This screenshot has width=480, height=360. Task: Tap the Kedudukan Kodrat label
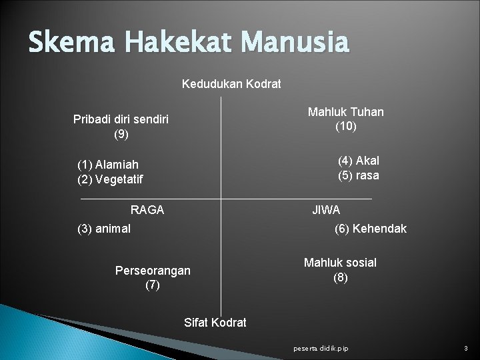[231, 84]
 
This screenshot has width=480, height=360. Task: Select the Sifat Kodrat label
[215, 323]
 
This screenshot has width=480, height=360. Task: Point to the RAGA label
[147, 210]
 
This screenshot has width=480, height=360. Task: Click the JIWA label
[326, 210]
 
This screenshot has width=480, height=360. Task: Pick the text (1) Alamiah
[108, 165]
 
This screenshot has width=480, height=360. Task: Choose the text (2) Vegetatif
[110, 179]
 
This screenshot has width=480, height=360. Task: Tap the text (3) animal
[104, 229]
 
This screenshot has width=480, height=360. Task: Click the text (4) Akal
[358, 161]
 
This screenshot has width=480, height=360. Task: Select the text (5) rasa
[358, 175]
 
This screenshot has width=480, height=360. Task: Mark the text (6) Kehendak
[371, 229]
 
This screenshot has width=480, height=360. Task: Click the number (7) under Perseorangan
[153, 285]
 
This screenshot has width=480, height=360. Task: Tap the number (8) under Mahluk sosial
[340, 277]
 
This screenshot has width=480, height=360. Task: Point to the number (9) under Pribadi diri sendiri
[121, 135]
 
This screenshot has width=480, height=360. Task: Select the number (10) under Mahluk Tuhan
[345, 127]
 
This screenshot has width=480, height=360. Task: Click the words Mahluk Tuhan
[345, 112]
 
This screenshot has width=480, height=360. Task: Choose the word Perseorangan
[153, 271]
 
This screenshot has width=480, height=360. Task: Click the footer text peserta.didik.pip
[321, 349]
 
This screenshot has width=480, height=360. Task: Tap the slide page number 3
[465, 349]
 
